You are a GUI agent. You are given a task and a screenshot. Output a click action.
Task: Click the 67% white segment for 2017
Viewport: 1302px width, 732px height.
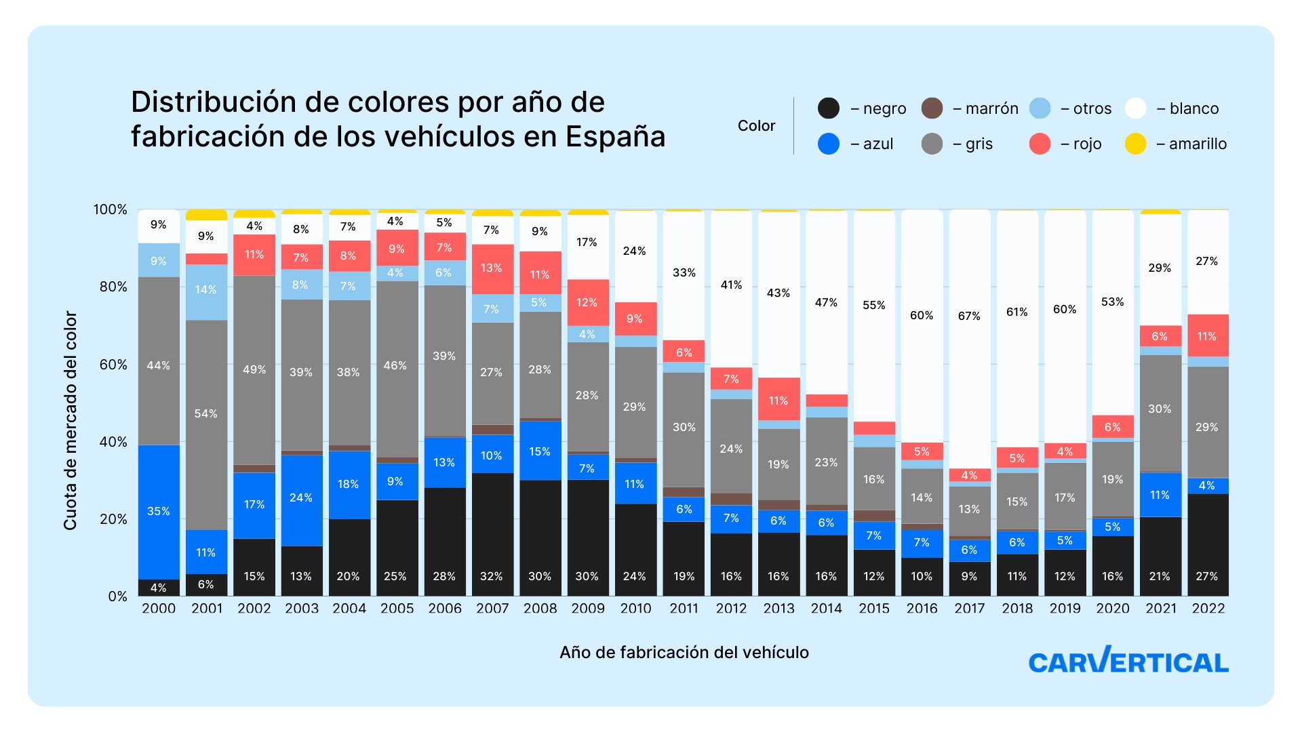(969, 339)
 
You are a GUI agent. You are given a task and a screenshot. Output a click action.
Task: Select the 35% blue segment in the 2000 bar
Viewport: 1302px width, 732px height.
(159, 512)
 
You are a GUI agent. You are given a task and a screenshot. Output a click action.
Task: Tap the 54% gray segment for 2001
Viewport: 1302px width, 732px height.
(206, 425)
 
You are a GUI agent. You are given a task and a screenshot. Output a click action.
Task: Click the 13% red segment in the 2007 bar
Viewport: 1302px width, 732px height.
(492, 269)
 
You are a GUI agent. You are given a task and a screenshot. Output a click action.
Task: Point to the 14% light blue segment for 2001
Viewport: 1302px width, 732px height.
(206, 292)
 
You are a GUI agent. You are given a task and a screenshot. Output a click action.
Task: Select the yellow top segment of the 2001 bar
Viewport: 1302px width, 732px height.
(206, 215)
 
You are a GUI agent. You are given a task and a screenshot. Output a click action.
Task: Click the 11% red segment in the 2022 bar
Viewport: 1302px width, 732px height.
(1208, 335)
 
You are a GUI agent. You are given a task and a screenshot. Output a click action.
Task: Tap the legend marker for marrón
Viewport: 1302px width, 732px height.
(932, 108)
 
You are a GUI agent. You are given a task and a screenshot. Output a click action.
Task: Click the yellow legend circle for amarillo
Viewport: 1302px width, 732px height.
(1135, 144)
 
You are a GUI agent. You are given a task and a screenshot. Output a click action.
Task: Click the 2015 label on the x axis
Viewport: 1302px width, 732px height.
(874, 609)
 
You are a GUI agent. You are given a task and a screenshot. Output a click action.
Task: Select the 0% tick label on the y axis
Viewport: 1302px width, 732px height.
(118, 596)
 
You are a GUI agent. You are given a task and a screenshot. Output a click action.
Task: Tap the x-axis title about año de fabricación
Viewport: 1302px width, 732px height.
(684, 652)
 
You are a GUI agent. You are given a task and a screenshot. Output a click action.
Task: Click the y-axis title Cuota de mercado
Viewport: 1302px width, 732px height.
(70, 420)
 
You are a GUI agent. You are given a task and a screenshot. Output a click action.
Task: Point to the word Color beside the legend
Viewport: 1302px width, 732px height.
(756, 126)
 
